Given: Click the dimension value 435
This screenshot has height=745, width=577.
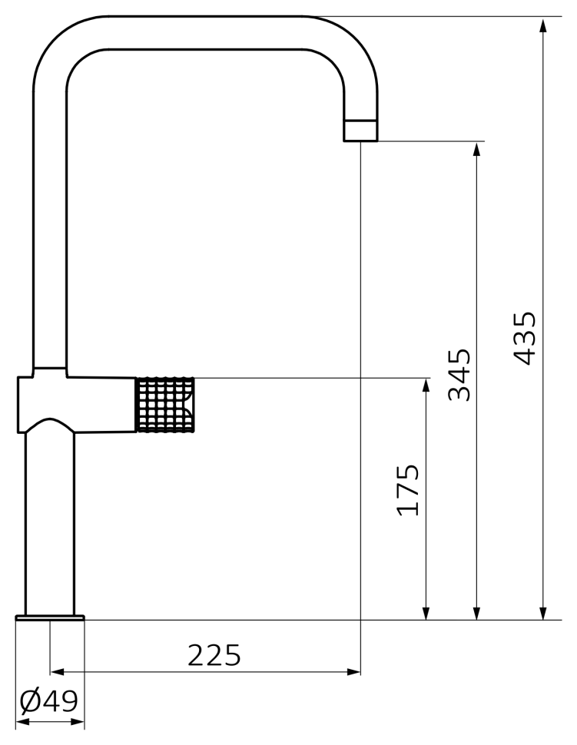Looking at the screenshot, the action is (x=525, y=338).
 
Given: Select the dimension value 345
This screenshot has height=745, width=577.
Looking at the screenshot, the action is (x=459, y=376).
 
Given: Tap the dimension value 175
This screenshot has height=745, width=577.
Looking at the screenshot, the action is (x=408, y=490).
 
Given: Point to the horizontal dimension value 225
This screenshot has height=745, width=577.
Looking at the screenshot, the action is (x=214, y=656).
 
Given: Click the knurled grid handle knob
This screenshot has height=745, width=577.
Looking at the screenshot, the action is (x=165, y=405).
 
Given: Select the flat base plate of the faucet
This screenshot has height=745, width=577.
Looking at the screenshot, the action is (x=50, y=618).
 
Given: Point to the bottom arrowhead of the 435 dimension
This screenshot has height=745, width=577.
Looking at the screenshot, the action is (x=543, y=612).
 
